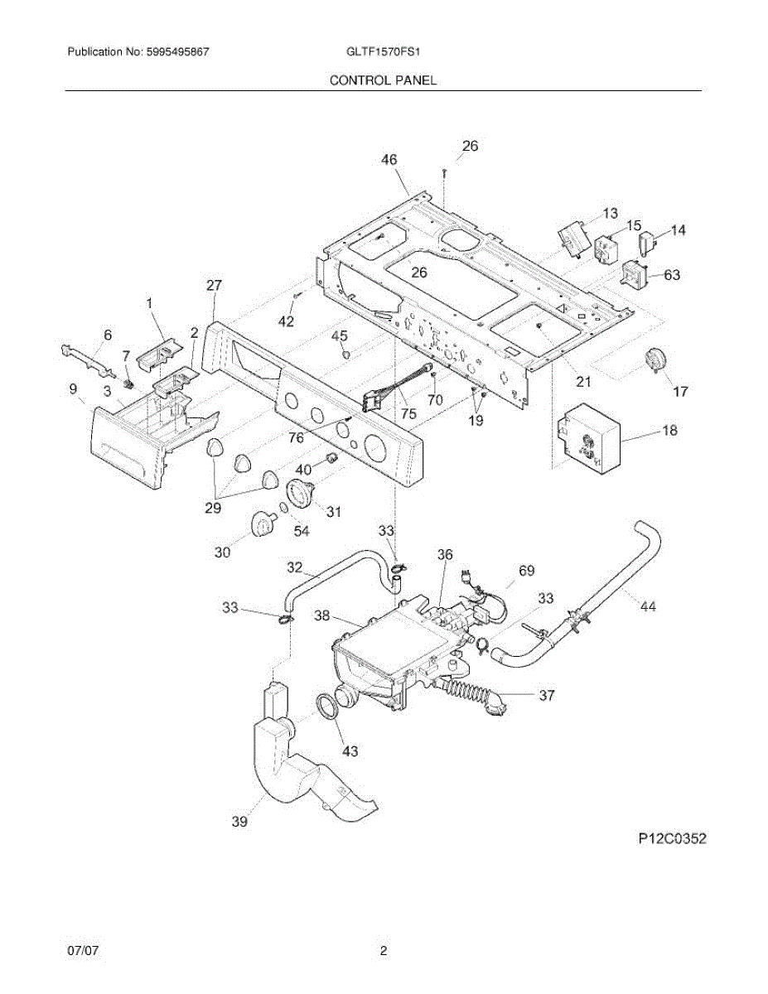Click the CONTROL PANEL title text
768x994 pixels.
(x=383, y=80)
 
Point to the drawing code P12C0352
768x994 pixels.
(x=672, y=839)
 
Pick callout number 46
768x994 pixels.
(x=389, y=160)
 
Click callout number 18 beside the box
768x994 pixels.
(x=669, y=430)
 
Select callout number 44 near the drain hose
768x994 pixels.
(x=648, y=607)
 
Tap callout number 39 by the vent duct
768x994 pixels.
(x=239, y=822)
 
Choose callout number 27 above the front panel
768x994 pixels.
(x=214, y=286)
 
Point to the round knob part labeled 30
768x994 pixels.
(x=263, y=524)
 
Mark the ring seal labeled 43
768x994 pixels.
(x=331, y=712)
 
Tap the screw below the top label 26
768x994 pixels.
(x=445, y=172)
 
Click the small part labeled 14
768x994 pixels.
(x=648, y=243)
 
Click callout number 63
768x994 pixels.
(x=672, y=274)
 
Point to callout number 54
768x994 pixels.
(x=301, y=531)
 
